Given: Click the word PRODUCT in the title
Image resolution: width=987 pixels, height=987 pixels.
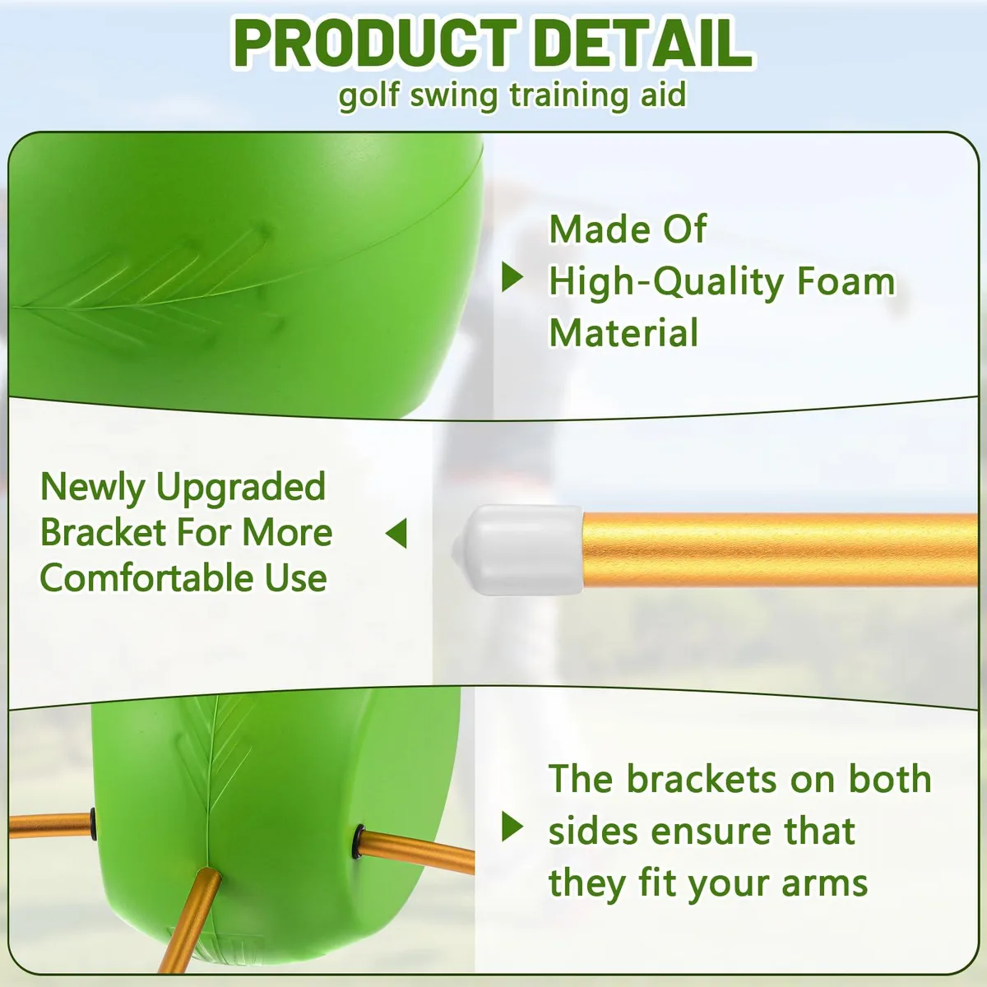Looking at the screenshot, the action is tap(375, 44).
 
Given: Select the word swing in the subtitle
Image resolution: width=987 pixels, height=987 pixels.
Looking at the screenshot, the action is tap(454, 95).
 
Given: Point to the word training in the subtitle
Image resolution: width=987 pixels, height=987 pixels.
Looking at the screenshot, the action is tap(569, 95).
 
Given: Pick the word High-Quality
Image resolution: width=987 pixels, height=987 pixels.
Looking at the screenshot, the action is tap(666, 283).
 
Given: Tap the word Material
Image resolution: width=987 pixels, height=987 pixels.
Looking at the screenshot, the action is tap(623, 332).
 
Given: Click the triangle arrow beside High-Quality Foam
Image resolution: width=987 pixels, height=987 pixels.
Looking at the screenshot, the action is tap(512, 278).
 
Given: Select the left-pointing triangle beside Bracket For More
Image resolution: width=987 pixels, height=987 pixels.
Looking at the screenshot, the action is tap(396, 533).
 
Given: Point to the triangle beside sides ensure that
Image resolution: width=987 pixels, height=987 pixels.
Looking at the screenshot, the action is tap(512, 827).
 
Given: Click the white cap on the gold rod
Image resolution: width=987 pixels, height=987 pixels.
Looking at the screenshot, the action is tap(518, 549).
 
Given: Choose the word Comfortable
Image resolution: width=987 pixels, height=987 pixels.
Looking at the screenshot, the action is tap(146, 577).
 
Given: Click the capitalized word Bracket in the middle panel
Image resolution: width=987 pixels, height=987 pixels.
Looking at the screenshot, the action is tap(104, 533).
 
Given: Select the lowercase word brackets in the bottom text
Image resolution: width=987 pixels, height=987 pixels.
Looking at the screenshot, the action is tap(702, 780).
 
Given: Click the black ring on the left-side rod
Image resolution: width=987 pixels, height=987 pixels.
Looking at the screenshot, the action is tap(93, 824).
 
